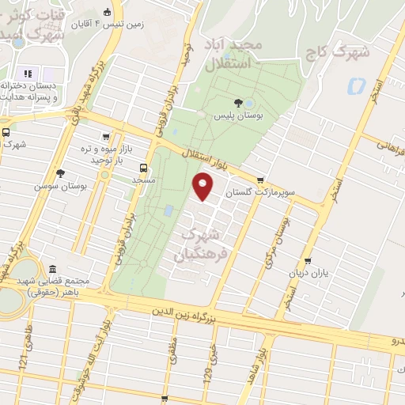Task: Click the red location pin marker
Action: [204, 187]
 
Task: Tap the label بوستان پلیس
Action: [241, 115]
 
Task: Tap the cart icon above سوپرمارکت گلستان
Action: [260, 180]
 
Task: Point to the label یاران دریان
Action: [308, 274]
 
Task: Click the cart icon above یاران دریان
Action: [308, 260]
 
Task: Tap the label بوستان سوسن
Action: [59, 186]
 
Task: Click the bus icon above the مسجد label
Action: [143, 168]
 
